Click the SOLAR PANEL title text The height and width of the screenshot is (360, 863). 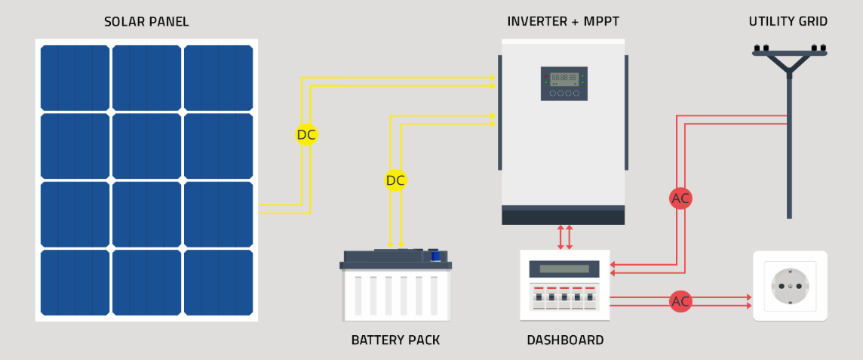click(x=146, y=22)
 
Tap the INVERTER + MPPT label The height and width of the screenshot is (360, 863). click(x=563, y=22)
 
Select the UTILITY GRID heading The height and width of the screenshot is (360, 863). click(x=788, y=22)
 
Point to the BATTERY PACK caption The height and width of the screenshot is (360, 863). click(x=395, y=340)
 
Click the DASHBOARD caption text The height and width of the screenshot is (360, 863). click(x=565, y=340)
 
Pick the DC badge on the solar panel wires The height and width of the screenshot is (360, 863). click(x=306, y=135)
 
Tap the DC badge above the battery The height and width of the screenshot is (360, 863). click(x=395, y=180)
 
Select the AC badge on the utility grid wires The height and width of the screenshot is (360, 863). click(x=680, y=198)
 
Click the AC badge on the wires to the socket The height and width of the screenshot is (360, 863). click(x=680, y=302)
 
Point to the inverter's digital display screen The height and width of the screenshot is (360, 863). click(x=564, y=78)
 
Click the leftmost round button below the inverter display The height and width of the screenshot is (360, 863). click(x=552, y=94)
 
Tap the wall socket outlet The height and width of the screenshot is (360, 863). click(x=790, y=286)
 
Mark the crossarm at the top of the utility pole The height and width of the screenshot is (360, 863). click(x=789, y=53)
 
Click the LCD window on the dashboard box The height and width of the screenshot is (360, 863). click(x=564, y=269)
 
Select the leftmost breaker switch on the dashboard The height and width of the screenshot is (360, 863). click(x=538, y=299)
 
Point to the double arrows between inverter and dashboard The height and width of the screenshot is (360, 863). click(x=564, y=236)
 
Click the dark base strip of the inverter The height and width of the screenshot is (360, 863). click(x=563, y=216)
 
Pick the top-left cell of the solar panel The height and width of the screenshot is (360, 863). click(x=75, y=78)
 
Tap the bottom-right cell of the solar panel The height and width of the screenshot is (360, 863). click(x=218, y=282)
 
